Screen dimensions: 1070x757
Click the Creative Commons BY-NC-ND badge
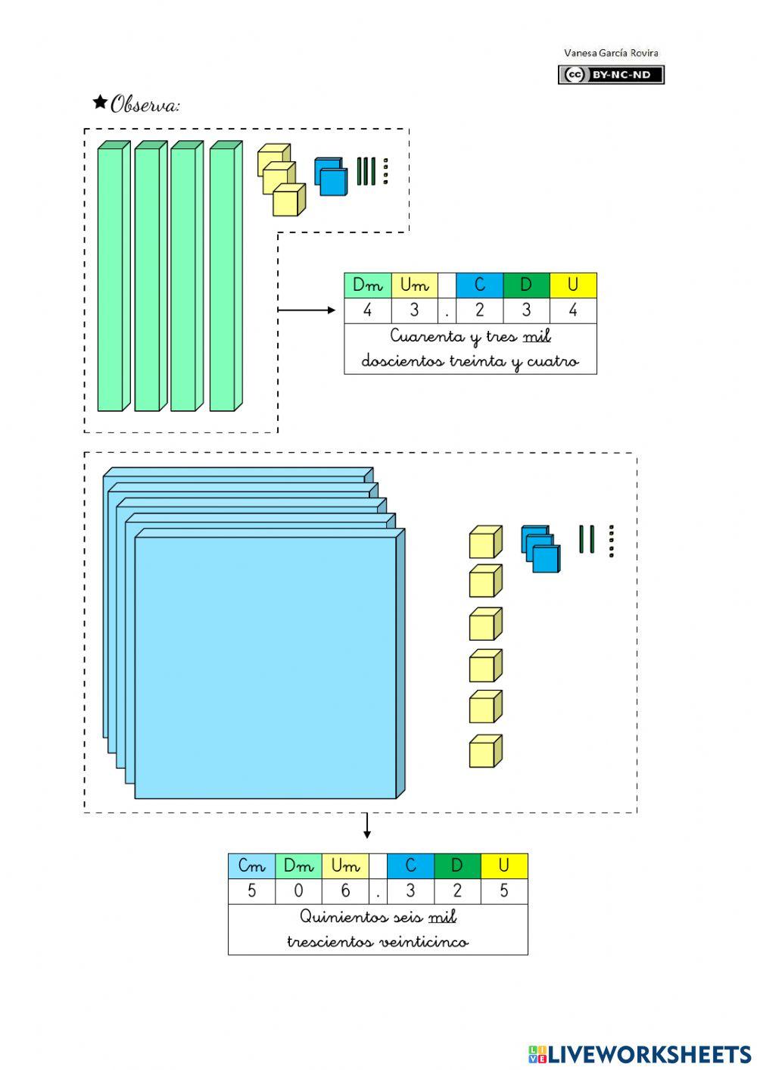tap(611, 74)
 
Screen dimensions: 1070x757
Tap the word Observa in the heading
tap(145, 105)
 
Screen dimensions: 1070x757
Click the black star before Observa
tap(99, 102)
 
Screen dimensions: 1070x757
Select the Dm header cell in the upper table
tap(368, 285)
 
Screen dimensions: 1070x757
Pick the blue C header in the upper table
tap(479, 285)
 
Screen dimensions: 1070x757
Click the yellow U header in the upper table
tap(573, 285)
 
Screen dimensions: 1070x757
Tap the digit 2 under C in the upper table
tap(479, 310)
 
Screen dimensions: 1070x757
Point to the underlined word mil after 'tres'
tap(537, 336)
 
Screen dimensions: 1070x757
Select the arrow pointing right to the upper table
tap(307, 310)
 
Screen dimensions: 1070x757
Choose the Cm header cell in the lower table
tap(251, 866)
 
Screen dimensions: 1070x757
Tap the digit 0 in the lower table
tap(298, 891)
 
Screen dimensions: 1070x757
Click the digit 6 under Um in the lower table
tap(345, 891)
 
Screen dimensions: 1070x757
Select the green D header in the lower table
tap(457, 866)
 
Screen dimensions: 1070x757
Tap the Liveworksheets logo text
tap(640, 1054)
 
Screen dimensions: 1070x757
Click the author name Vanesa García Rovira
tap(611, 53)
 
